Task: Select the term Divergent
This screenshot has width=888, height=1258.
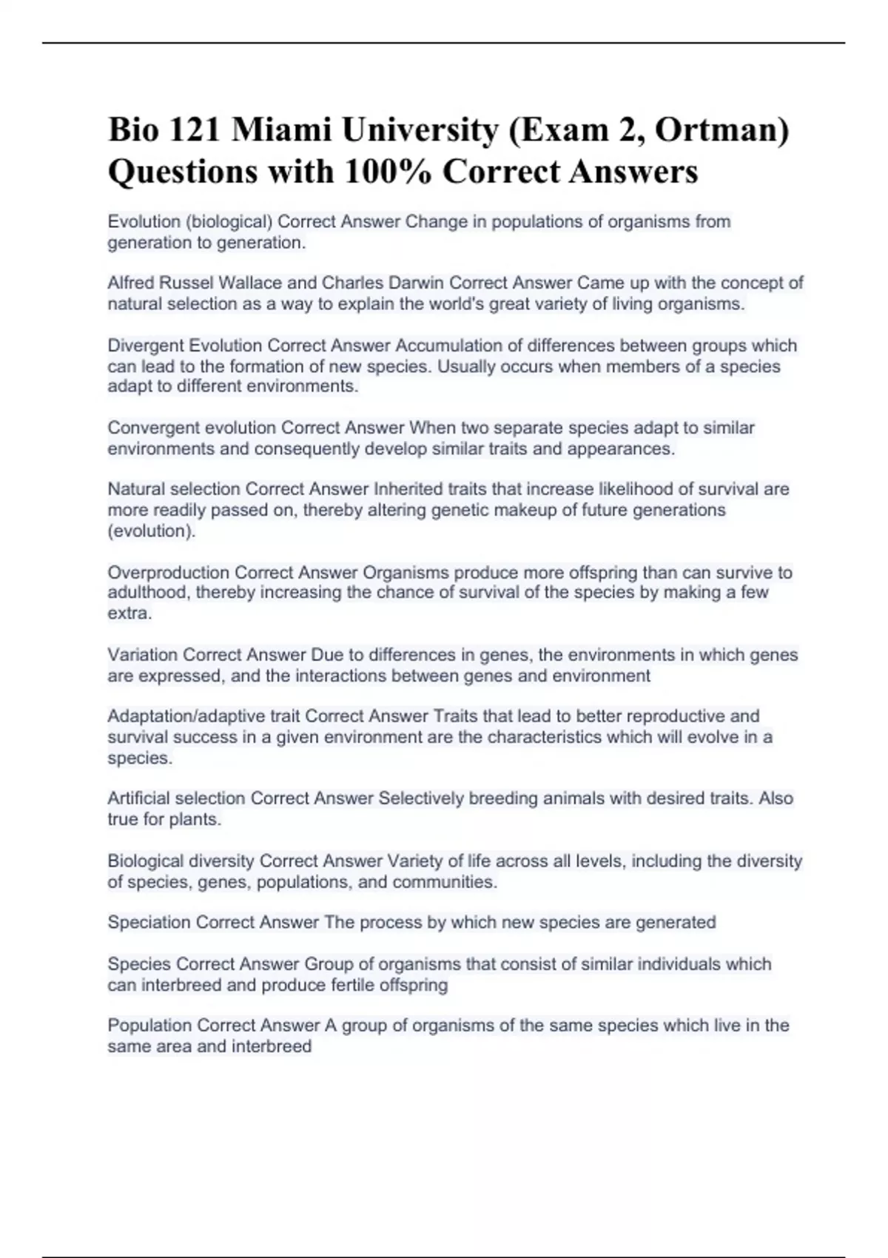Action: point(146,346)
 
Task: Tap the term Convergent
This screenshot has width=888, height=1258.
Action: point(152,428)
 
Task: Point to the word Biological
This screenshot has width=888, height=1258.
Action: point(144,861)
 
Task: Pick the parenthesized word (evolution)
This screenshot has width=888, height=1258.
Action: point(152,531)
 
